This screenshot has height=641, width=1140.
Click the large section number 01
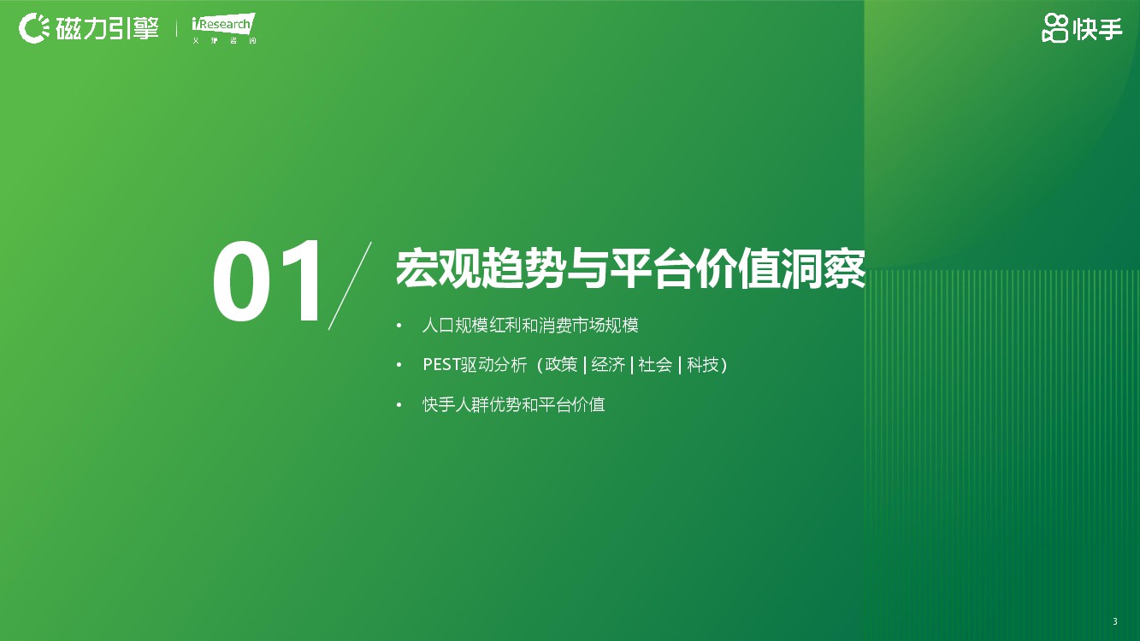(x=267, y=281)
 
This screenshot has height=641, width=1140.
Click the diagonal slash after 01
(x=350, y=285)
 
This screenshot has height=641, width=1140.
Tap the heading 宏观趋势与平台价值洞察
(x=630, y=268)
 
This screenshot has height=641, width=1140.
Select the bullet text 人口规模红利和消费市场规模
(x=530, y=325)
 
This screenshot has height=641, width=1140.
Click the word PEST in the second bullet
(x=441, y=365)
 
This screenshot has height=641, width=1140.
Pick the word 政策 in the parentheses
(x=561, y=365)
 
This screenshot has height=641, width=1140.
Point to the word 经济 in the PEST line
(x=608, y=365)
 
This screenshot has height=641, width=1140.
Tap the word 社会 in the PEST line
(x=655, y=365)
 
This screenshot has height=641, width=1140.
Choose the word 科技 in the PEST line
(x=703, y=365)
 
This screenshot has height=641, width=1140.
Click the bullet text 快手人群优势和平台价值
(x=513, y=405)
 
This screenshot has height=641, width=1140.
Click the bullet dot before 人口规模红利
(x=399, y=326)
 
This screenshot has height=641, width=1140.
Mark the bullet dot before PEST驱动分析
(x=399, y=365)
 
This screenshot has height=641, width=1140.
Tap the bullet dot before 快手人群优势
(x=399, y=405)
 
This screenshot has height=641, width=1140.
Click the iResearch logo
(x=223, y=28)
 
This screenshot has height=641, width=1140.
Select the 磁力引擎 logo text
(x=108, y=28)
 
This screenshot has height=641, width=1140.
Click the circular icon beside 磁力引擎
(x=34, y=28)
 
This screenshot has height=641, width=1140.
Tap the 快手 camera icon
(x=1054, y=28)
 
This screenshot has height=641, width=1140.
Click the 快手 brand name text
(x=1097, y=29)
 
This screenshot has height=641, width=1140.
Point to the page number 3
(x=1115, y=621)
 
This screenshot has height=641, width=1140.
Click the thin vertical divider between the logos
(x=176, y=28)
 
